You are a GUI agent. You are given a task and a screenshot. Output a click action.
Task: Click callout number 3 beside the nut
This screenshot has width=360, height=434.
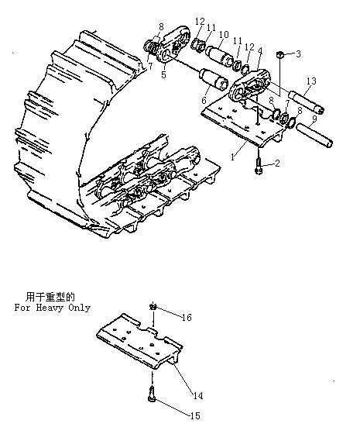click(x=298, y=53)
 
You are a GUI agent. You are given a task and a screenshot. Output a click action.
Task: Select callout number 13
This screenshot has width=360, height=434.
click(x=311, y=81)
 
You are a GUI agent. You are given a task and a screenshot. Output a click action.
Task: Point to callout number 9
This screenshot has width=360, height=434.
click(x=314, y=119)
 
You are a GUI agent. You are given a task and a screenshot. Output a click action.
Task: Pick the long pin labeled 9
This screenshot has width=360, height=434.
click(x=314, y=136)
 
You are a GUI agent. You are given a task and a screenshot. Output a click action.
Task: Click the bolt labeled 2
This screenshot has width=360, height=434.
click(x=259, y=166)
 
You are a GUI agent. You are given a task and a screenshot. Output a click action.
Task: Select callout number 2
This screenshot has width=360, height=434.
click(x=277, y=164)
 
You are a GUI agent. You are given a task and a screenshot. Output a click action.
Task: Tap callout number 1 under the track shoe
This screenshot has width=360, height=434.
click(x=233, y=157)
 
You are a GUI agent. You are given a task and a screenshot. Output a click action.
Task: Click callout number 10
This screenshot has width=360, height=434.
click(x=224, y=34)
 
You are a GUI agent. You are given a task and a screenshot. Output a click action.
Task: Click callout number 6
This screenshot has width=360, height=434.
click(x=204, y=100)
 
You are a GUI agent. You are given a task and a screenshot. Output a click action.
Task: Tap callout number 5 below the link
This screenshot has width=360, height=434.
click(x=163, y=74)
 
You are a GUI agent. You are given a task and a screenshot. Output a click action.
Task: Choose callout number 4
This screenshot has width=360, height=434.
click(x=259, y=51)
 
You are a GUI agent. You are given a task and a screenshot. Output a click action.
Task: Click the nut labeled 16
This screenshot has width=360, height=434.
click(x=153, y=307)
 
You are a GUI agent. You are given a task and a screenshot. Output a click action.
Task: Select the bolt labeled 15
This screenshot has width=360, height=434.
click(x=152, y=394)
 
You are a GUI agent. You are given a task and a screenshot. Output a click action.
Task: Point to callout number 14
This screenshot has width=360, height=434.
click(x=198, y=395)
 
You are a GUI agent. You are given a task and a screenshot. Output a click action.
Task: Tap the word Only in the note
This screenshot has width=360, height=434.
click(x=80, y=308)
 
